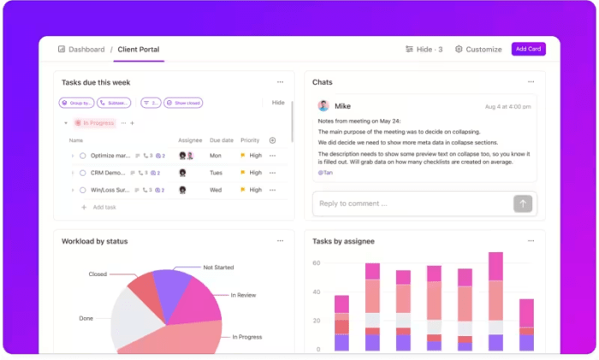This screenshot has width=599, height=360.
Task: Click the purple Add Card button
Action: [x=528, y=49]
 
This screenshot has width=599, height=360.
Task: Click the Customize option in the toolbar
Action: [x=478, y=49]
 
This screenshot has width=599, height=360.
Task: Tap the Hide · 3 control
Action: [x=424, y=49]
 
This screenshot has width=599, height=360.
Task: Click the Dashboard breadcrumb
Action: [x=81, y=49]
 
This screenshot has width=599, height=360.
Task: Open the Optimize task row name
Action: [x=110, y=156]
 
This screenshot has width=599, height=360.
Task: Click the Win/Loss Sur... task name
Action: [x=110, y=190]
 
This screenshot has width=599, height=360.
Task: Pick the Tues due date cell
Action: [x=216, y=173]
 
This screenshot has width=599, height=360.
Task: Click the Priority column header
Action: [x=250, y=140]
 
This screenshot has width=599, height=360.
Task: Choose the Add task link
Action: [x=104, y=207]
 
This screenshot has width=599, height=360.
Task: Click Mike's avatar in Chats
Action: [x=323, y=106]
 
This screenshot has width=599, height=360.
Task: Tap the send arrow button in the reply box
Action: [x=522, y=204]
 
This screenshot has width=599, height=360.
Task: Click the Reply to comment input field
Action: [x=411, y=204]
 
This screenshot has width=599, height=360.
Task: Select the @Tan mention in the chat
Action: [x=325, y=172]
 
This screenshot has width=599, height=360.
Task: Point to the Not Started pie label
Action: [x=218, y=268]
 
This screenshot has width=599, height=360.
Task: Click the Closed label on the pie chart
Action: [x=98, y=274]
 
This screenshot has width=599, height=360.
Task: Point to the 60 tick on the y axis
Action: [x=316, y=263]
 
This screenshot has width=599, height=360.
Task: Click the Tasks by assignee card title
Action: [x=343, y=241]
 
